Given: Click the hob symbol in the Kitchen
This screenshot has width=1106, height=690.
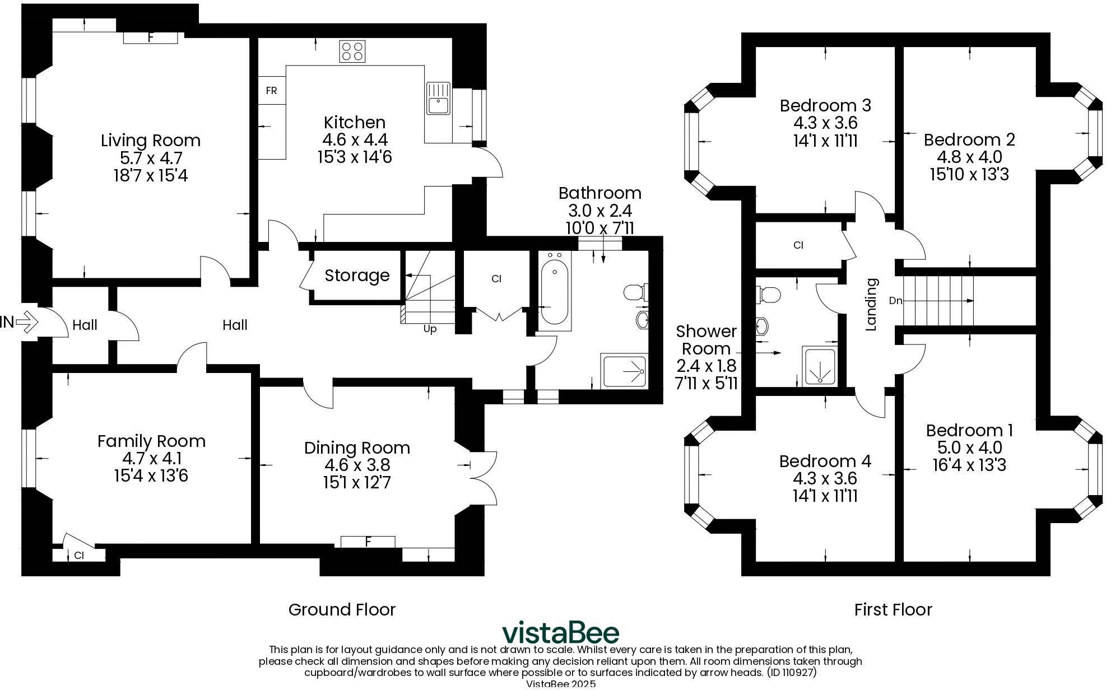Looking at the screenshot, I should pyautogui.click(x=352, y=52).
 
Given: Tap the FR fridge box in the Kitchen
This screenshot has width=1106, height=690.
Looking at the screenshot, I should pyautogui.click(x=272, y=91).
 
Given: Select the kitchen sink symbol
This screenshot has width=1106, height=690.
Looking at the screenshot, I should pyautogui.click(x=438, y=99).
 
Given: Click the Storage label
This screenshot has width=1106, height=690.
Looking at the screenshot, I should pyautogui.click(x=357, y=276).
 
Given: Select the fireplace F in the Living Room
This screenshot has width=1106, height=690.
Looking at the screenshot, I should pyautogui.click(x=150, y=38).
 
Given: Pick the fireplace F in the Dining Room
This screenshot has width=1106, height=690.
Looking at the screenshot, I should pyautogui.click(x=368, y=542).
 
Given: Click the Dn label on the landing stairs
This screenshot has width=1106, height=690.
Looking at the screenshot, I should pyautogui.click(x=895, y=301).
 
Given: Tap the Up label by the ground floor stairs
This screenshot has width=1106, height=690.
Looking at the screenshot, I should pyautogui.click(x=430, y=329).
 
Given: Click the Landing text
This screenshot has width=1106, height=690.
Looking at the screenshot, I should pyautogui.click(x=871, y=305).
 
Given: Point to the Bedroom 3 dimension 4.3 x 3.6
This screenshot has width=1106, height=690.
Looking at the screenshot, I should pyautogui.click(x=825, y=123).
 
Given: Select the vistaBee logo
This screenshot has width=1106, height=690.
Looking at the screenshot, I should pyautogui.click(x=560, y=633).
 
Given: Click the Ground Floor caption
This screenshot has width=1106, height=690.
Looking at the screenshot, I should pyautogui.click(x=342, y=609).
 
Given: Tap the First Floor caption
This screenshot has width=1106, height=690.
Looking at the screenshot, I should pyautogui.click(x=893, y=609).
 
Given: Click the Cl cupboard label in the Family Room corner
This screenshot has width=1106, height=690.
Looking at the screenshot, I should pyautogui.click(x=79, y=555).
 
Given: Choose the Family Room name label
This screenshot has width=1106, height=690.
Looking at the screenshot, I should pyautogui.click(x=151, y=441).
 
